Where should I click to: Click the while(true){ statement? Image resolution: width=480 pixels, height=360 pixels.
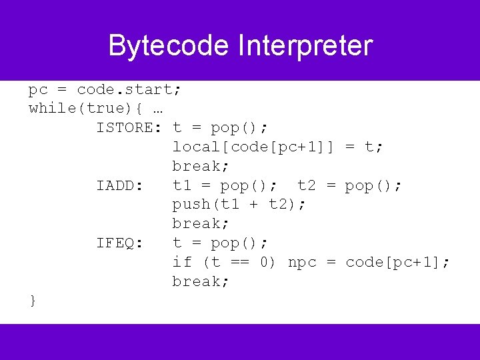click(86, 108)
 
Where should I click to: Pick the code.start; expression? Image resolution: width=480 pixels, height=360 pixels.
click(129, 89)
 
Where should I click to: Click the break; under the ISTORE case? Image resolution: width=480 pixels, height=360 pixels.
click(201, 166)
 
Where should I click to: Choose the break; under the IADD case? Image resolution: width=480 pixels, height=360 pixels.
click(201, 223)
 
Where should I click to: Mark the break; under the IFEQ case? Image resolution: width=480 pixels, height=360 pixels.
click(201, 281)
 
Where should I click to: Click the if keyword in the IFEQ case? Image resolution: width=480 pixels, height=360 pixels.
click(181, 262)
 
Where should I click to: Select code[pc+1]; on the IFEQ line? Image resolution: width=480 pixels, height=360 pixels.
click(397, 262)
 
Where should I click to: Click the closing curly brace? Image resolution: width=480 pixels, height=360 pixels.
click(33, 301)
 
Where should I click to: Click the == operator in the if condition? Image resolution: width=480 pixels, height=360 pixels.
click(239, 262)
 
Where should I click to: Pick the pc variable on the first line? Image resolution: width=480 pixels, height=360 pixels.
click(38, 89)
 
